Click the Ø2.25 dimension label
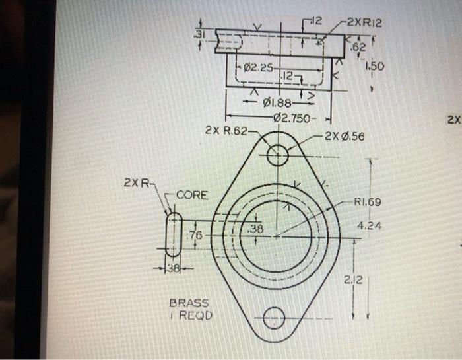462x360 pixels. pos(255,67)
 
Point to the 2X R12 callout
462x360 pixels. pos(364,24)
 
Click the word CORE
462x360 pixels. pos(191,195)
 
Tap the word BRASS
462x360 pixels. pos(189,303)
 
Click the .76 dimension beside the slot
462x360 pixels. pos(196,236)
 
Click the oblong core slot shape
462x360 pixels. pos(173,234)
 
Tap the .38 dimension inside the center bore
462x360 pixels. pos(255,229)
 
